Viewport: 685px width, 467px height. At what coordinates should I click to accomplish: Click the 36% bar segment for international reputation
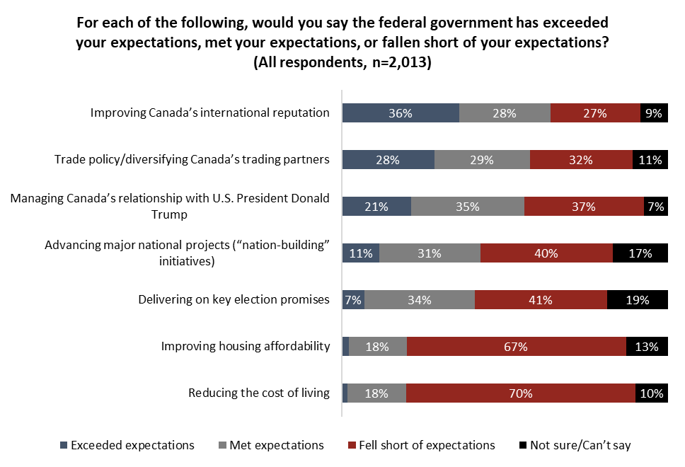tap(401, 113)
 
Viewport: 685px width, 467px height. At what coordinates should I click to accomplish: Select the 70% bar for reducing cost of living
tap(520, 393)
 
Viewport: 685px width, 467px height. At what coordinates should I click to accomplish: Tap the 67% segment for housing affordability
tap(517, 347)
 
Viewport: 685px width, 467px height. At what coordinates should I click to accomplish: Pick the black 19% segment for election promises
tap(638, 300)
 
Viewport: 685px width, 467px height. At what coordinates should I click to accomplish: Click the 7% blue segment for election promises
tap(353, 300)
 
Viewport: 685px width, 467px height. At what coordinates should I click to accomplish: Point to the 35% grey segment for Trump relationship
tap(468, 207)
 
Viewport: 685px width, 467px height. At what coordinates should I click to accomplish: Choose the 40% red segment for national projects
tap(546, 253)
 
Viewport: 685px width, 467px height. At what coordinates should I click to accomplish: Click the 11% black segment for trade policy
tap(650, 160)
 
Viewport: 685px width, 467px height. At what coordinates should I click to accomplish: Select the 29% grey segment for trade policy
tap(482, 160)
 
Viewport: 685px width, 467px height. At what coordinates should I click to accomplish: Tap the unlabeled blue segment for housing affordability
tap(345, 347)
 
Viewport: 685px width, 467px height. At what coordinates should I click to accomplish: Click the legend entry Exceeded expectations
tap(127, 445)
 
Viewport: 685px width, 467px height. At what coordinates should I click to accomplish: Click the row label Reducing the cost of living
tap(259, 393)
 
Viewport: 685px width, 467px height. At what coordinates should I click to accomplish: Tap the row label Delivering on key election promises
tap(234, 300)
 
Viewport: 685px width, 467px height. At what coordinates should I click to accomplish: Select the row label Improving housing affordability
tap(246, 347)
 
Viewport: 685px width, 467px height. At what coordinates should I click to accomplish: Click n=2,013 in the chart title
tap(397, 62)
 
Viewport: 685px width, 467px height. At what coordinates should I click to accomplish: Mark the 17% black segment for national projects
tap(640, 253)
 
